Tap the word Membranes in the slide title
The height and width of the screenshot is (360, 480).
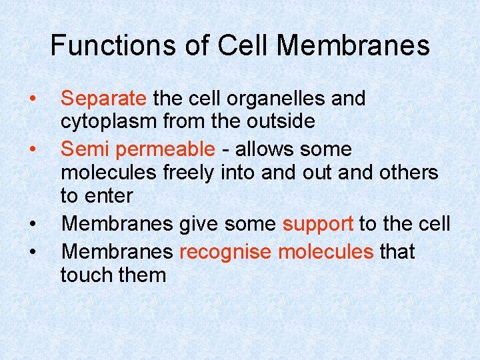click(353, 45)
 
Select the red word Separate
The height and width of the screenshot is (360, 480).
click(103, 99)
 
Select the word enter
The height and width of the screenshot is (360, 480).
click(107, 196)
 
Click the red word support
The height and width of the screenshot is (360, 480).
click(317, 224)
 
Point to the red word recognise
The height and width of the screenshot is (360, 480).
click(225, 252)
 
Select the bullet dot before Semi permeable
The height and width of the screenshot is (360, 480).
click(31, 149)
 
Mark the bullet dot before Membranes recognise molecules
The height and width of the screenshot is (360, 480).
click(31, 252)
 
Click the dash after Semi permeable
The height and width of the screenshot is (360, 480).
click(223, 150)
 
